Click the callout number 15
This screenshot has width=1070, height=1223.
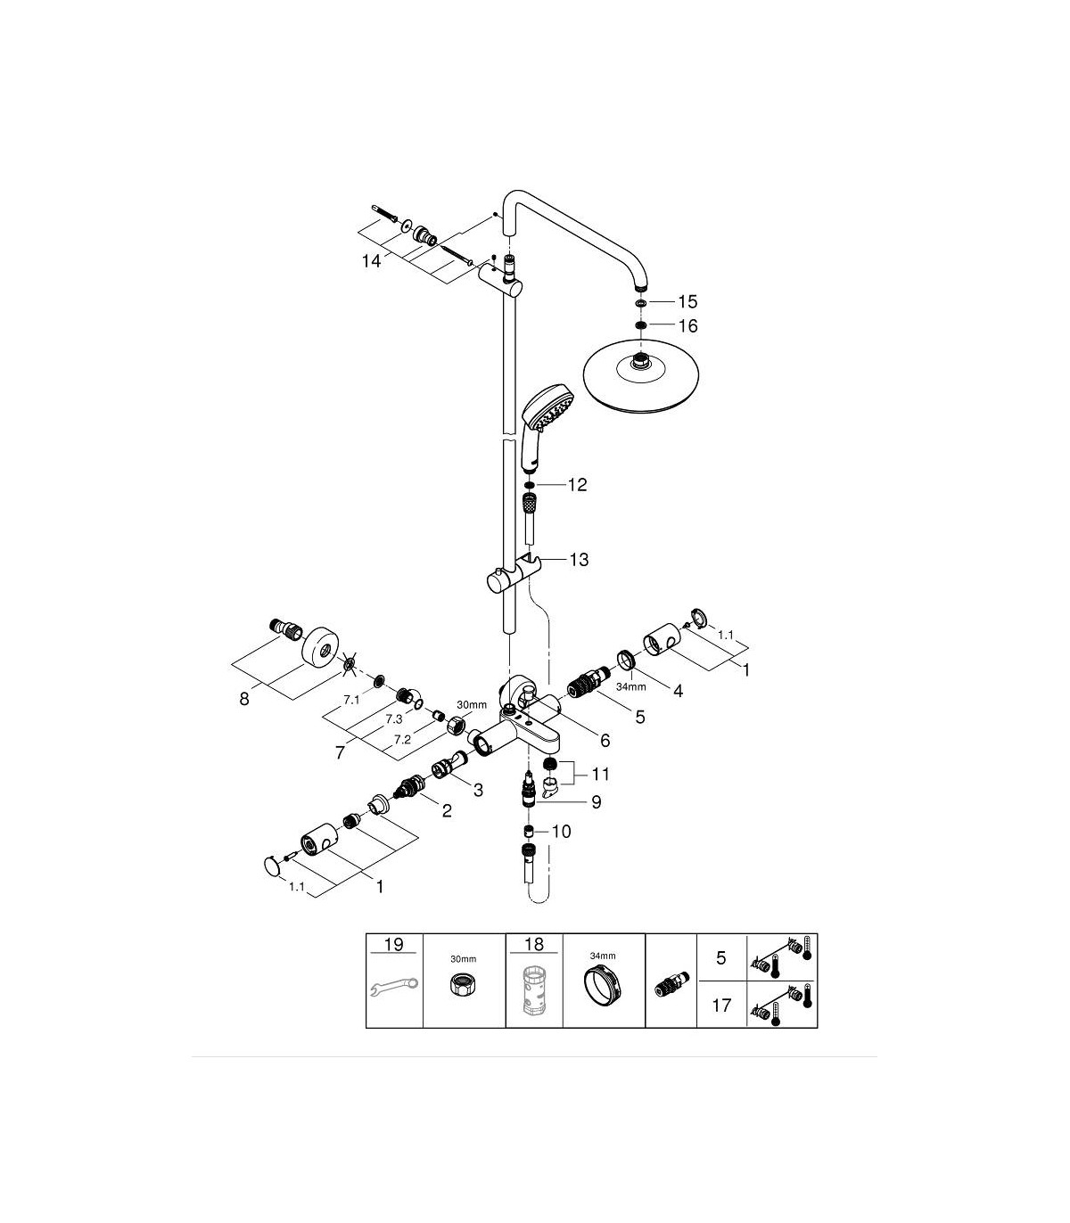[687, 301]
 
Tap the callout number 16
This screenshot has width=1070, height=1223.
[688, 325]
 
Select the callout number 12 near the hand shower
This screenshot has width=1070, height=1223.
[578, 485]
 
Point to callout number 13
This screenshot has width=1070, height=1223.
[579, 560]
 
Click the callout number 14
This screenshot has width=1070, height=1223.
[371, 261]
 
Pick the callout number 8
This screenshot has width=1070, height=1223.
[244, 699]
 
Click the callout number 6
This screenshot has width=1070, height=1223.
[605, 742]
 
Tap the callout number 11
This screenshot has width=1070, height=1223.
[600, 775]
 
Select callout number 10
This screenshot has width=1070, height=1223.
[561, 832]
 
